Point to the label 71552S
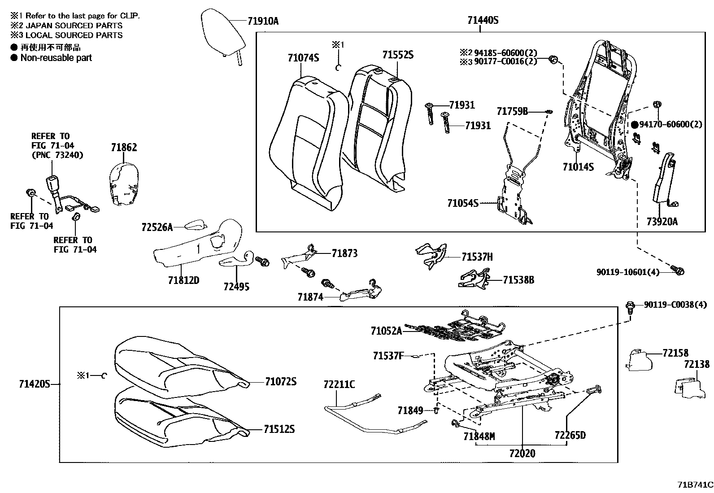point(397,55)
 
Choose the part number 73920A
point(662,221)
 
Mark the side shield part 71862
point(123,184)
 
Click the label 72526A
point(157,227)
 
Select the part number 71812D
point(183,280)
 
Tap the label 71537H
point(477,257)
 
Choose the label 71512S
point(279,429)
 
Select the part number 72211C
point(339,384)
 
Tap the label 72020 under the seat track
point(522,454)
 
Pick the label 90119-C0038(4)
point(675,305)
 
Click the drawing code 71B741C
point(695,485)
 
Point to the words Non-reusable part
point(56,57)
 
